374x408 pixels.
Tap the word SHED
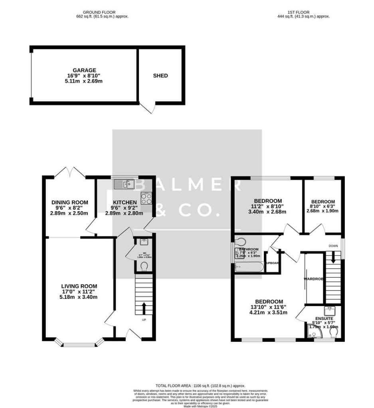[160, 76]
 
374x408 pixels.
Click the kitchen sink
[124, 184]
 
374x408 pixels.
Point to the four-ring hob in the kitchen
[146, 198]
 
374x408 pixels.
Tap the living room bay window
[79, 342]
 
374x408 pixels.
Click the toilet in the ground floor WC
[144, 266]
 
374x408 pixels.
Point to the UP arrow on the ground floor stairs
[144, 308]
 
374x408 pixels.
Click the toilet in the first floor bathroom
[241, 242]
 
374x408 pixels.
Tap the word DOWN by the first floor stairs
[333, 246]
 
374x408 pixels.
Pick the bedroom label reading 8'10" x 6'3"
[323, 206]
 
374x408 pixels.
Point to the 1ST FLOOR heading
[299, 12]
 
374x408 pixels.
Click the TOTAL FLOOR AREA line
[200, 386]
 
